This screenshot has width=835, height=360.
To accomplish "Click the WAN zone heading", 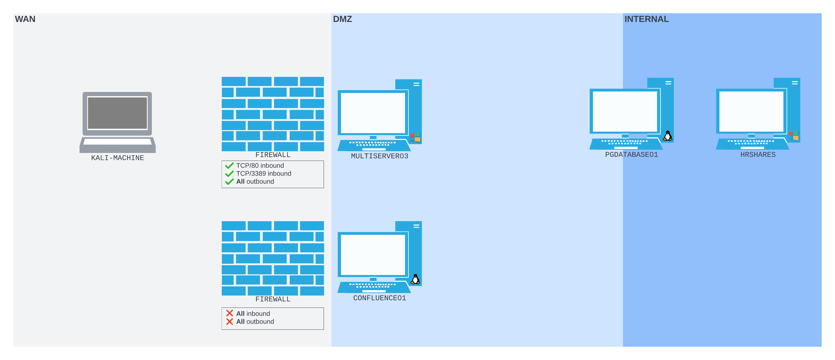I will tap(25, 19).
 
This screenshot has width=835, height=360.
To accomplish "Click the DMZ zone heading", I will tap(342, 19).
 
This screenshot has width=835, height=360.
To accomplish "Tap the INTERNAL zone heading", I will tap(646, 19).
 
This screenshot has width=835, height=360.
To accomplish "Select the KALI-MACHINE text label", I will tap(117, 158).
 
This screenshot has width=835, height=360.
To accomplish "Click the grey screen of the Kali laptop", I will tap(117, 113).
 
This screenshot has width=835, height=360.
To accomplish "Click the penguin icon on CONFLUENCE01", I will tap(415, 279).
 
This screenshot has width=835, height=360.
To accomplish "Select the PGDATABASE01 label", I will tap(631, 155).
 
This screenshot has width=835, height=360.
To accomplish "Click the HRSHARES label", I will tap(758, 155).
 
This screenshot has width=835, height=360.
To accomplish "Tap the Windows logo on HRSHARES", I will tap(794, 136).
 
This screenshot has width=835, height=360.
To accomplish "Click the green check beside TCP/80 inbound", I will tap(230, 166).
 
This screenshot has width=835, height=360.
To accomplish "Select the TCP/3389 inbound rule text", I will tap(263, 173).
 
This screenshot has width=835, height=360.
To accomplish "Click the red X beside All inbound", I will tap(230, 313).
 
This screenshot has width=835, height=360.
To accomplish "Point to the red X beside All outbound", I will tap(230, 321).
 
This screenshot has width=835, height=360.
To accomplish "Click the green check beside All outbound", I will tap(230, 182).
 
